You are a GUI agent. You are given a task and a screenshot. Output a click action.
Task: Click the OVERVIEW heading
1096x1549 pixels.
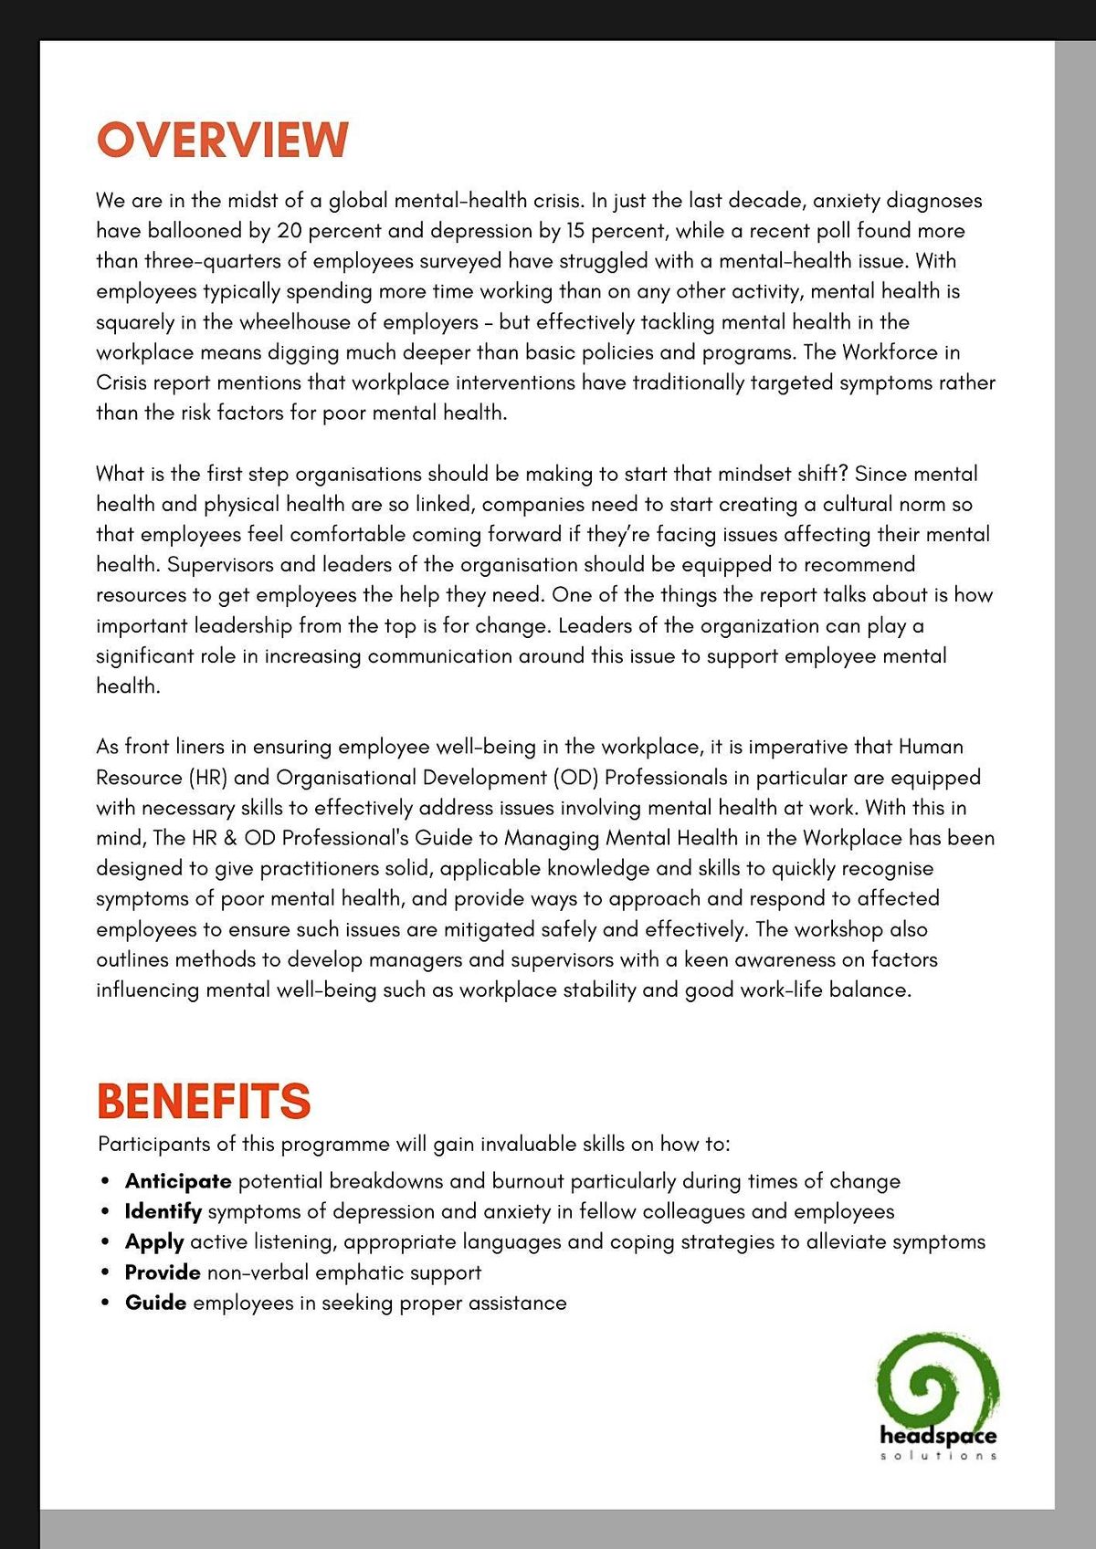222,141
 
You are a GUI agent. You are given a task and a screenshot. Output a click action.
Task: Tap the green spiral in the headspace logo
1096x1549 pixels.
936,1383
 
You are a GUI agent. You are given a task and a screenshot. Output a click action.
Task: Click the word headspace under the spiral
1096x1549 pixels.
938,1436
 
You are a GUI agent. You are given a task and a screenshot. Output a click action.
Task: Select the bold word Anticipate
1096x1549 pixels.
178,1181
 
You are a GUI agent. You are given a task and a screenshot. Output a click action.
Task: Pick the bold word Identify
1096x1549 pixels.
163,1211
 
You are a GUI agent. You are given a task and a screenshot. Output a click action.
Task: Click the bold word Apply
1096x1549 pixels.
154,1242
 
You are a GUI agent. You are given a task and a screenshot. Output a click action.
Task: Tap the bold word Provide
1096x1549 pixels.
163,1272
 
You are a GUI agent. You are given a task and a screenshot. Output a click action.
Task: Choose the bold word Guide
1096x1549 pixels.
155,1303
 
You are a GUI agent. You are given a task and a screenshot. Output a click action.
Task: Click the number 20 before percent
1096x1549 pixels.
289,231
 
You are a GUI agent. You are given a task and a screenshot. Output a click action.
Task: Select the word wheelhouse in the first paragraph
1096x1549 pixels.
308,322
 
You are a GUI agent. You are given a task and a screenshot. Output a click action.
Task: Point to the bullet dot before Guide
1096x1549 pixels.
107,1303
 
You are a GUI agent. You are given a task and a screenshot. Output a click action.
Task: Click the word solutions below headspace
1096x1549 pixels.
938,1455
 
